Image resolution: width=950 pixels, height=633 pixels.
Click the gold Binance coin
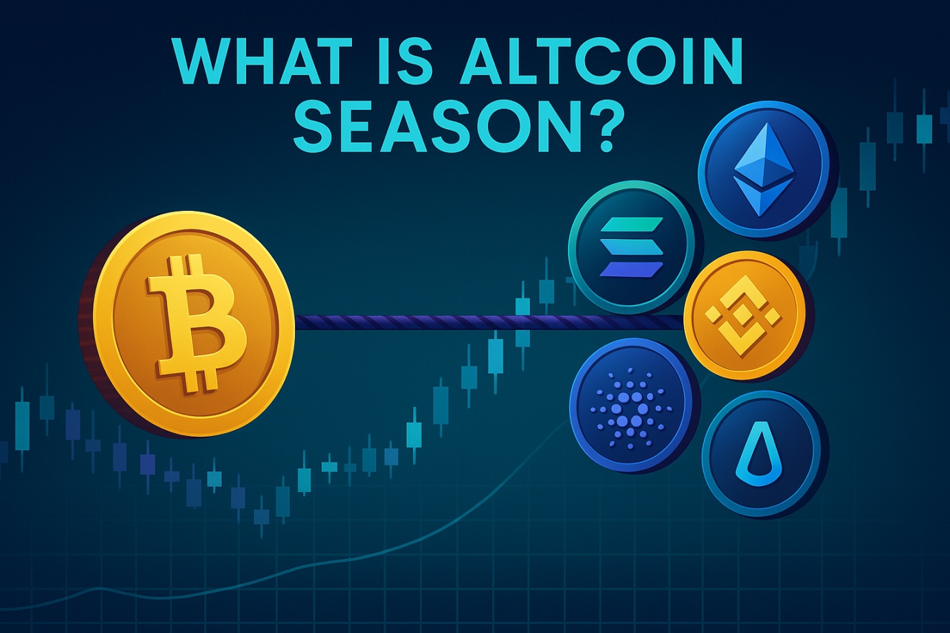744,315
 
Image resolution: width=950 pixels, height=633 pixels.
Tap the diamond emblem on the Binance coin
744,315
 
